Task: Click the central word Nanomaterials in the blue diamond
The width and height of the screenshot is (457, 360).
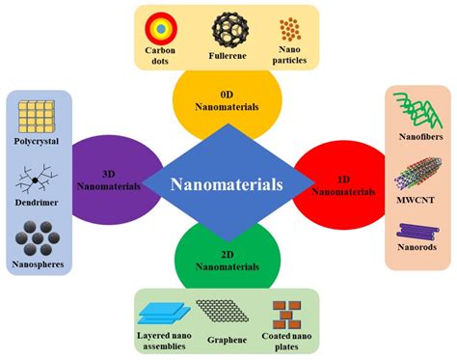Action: click(228, 182)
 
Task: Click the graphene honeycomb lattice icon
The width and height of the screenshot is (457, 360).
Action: click(228, 310)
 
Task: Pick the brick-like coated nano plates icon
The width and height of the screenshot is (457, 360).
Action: click(290, 311)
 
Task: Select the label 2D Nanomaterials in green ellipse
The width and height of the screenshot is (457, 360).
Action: click(228, 258)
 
